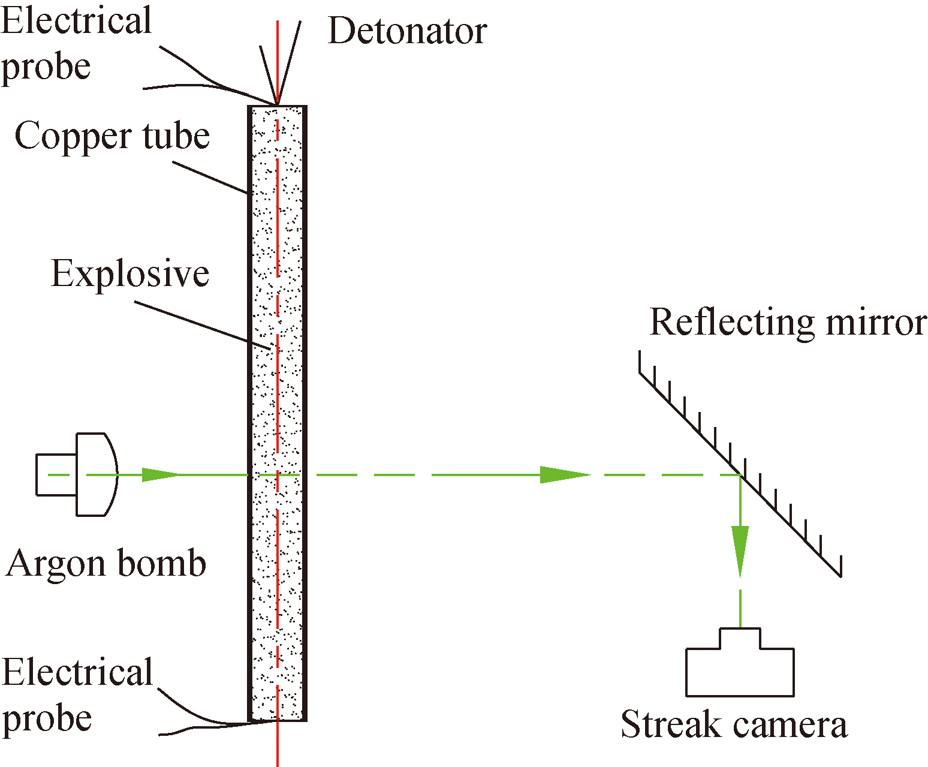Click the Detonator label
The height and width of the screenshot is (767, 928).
click(407, 31)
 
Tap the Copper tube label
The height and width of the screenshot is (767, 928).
click(112, 136)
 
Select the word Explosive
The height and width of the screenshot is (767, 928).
click(130, 273)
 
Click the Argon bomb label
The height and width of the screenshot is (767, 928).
click(106, 563)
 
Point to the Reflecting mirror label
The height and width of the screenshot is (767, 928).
click(788, 322)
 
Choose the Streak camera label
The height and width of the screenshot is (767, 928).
click(734, 724)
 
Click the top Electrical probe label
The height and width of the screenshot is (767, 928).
click(76, 43)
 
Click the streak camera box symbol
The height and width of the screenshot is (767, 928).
click(740, 671)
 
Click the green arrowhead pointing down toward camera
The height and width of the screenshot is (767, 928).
click(740, 549)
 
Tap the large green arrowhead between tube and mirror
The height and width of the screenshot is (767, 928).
click(564, 474)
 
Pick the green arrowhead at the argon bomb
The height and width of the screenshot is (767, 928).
click(159, 474)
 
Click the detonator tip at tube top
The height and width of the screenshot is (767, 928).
click(277, 103)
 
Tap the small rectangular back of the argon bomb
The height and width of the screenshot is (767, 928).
click(56, 474)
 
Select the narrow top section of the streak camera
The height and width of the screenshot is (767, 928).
click(740, 639)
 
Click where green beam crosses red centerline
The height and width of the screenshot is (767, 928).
click(278, 474)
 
